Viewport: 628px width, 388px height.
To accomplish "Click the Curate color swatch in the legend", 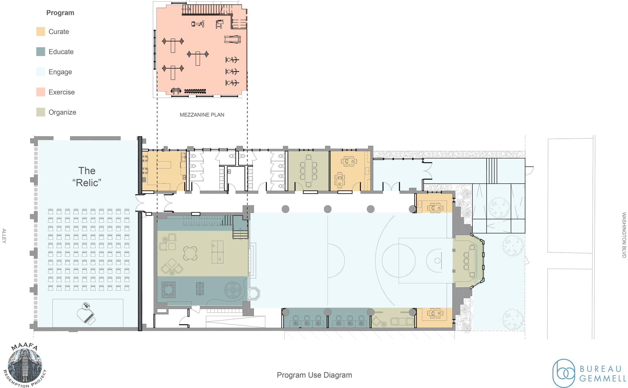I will [x=40, y=32].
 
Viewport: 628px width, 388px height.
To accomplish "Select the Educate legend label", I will [x=61, y=52].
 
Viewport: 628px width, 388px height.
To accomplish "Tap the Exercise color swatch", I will [x=40, y=92].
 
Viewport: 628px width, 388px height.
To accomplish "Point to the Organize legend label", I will [x=62, y=112].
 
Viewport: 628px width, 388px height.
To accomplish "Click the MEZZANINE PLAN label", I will [x=202, y=115].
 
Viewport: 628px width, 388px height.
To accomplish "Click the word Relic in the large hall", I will [x=87, y=183].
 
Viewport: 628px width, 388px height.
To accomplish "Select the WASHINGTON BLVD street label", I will [x=624, y=235].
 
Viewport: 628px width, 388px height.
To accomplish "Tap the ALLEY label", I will [x=4, y=236].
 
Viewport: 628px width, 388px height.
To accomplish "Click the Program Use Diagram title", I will [x=314, y=375].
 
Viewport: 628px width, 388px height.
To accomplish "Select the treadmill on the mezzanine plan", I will [x=232, y=39].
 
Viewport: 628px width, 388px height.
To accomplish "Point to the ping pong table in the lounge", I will [x=218, y=252].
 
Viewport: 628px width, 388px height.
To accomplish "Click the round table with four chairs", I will [x=190, y=253].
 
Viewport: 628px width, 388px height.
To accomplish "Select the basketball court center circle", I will [x=398, y=260].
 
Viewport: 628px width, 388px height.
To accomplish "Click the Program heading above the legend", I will [x=60, y=13].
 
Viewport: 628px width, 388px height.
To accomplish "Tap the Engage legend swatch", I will [x=40, y=72].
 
